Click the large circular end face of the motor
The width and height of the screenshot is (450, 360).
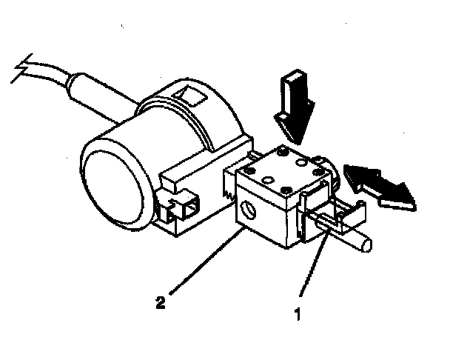[111, 175]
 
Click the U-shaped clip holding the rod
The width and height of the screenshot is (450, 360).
[337, 214]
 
